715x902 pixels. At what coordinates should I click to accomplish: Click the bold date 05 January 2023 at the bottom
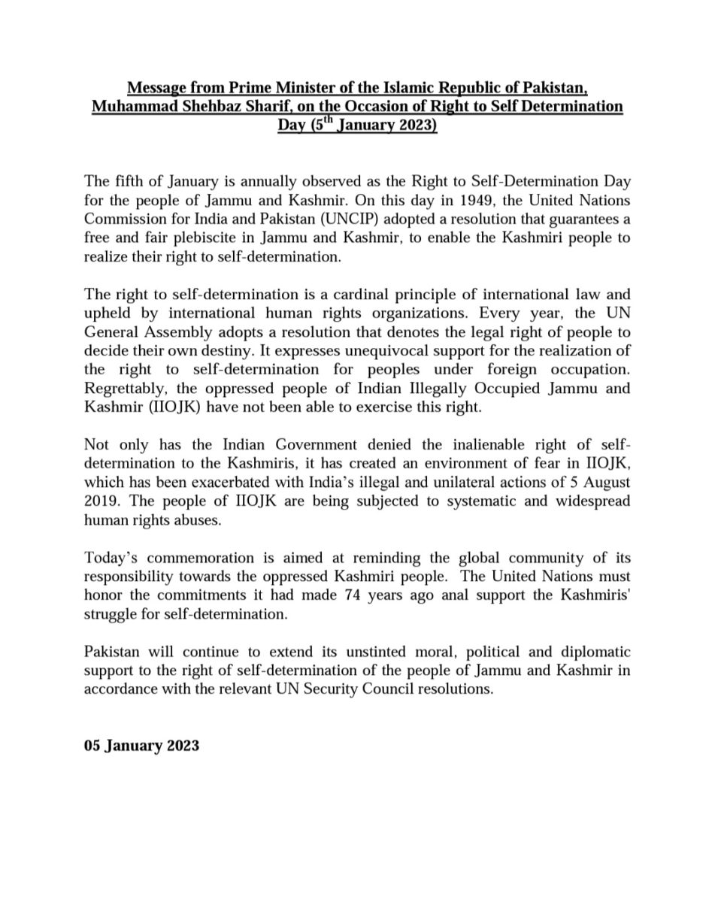(x=141, y=746)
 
